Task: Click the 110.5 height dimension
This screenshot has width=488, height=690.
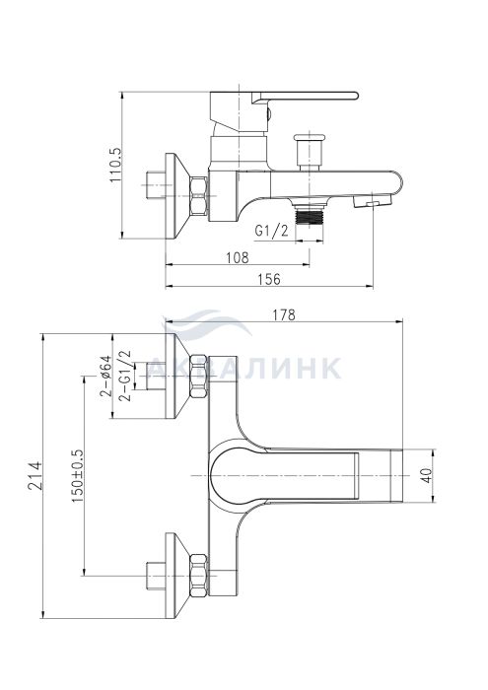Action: (115, 165)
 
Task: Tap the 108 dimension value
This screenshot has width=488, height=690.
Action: (238, 257)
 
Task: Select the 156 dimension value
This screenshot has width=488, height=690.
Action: (268, 279)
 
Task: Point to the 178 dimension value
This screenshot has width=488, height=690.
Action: (284, 314)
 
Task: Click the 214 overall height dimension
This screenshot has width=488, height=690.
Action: (35, 475)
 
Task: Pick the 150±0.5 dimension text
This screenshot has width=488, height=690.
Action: (77, 476)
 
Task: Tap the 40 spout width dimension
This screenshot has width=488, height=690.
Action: (427, 476)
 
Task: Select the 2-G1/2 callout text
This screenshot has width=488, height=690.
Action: (125, 375)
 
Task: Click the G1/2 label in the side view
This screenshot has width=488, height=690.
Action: (272, 231)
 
